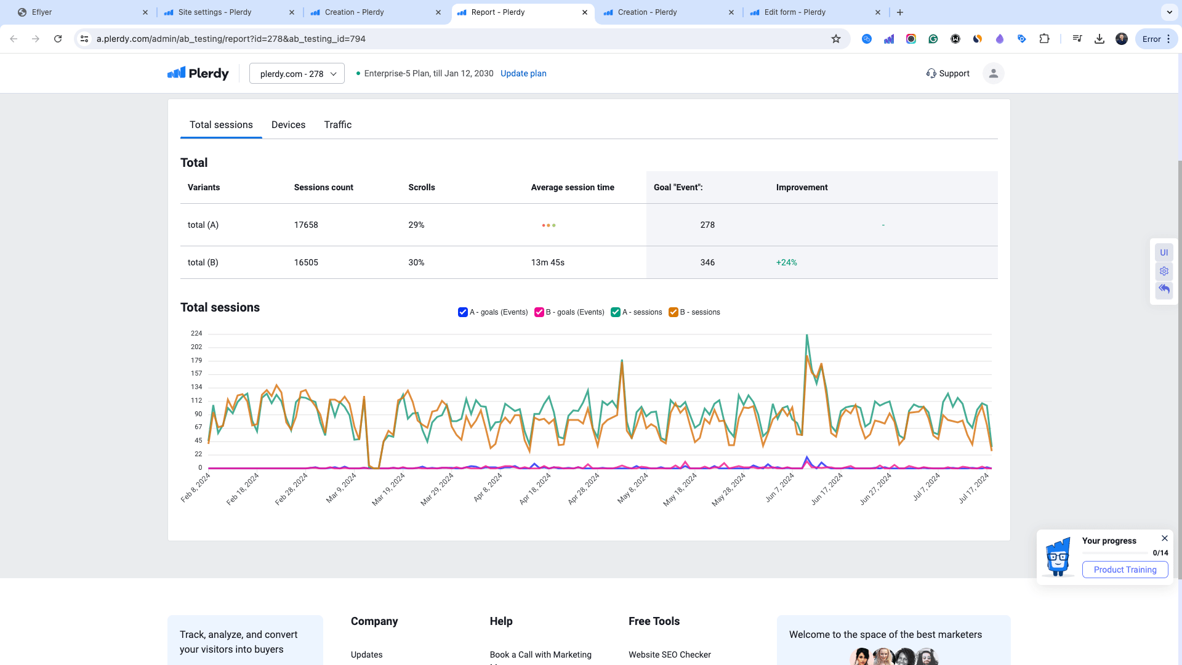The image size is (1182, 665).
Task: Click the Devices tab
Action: pyautogui.click(x=288, y=124)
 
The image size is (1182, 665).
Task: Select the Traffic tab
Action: pyautogui.click(x=338, y=124)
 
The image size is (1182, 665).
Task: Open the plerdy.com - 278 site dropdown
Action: pyautogui.click(x=297, y=74)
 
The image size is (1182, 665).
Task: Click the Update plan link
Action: pyautogui.click(x=523, y=73)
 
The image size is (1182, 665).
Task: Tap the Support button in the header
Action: pyautogui.click(x=947, y=73)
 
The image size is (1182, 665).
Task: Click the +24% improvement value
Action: pyautogui.click(x=786, y=262)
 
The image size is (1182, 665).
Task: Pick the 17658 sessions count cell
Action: pyautogui.click(x=306, y=225)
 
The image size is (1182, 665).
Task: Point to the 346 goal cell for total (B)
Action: pyautogui.click(x=707, y=262)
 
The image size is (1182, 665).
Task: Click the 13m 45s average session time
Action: pyautogui.click(x=547, y=262)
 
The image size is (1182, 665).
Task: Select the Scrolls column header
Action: pyautogui.click(x=422, y=187)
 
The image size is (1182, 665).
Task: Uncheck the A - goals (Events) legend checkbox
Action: pyautogui.click(x=463, y=312)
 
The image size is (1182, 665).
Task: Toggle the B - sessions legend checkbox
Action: pyautogui.click(x=673, y=312)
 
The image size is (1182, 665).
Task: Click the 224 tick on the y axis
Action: pyautogui.click(x=196, y=333)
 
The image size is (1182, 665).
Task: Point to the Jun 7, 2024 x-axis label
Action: pyautogui.click(x=779, y=488)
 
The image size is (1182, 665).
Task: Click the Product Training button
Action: pyautogui.click(x=1125, y=570)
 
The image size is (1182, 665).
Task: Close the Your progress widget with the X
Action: pyautogui.click(x=1165, y=538)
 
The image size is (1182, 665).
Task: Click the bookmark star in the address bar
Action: pyautogui.click(x=836, y=39)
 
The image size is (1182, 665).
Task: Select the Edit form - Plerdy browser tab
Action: pyautogui.click(x=795, y=12)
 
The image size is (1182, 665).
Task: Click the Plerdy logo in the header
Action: pyautogui.click(x=198, y=73)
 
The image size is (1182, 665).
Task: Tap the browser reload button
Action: pyautogui.click(x=58, y=39)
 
